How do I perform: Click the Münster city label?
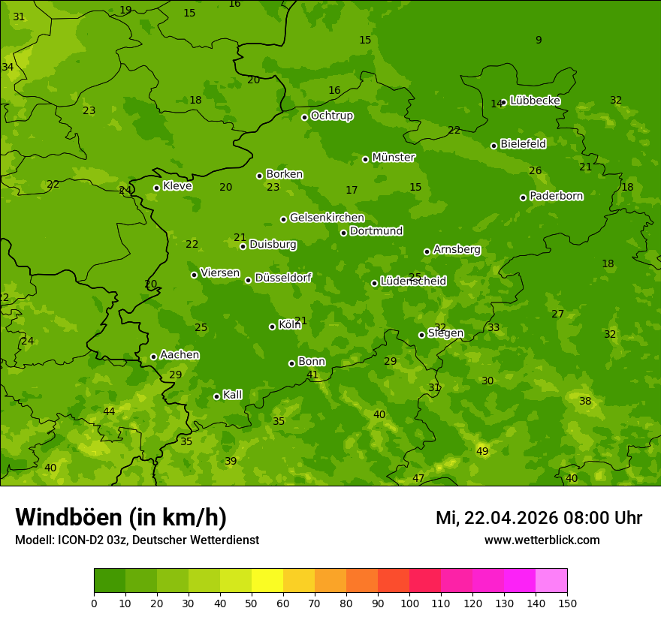click(393, 158)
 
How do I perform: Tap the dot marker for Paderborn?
click(523, 197)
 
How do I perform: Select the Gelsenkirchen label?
click(327, 218)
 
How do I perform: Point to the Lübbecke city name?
click(535, 101)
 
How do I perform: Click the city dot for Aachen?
click(153, 357)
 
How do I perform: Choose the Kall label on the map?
click(232, 395)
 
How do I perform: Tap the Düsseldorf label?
click(282, 278)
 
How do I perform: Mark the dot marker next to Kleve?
click(156, 188)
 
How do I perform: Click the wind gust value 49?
click(482, 451)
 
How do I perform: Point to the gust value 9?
click(538, 40)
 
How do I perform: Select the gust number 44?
click(109, 411)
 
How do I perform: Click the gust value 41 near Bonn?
click(312, 375)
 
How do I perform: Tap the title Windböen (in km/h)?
click(121, 517)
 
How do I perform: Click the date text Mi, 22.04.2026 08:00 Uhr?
click(539, 518)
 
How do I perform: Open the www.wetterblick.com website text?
click(542, 540)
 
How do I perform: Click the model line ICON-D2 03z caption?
click(137, 540)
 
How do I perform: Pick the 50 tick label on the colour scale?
click(252, 603)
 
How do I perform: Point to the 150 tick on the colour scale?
click(567, 603)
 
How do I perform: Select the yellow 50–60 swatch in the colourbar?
click(267, 581)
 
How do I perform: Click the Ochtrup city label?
click(331, 116)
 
